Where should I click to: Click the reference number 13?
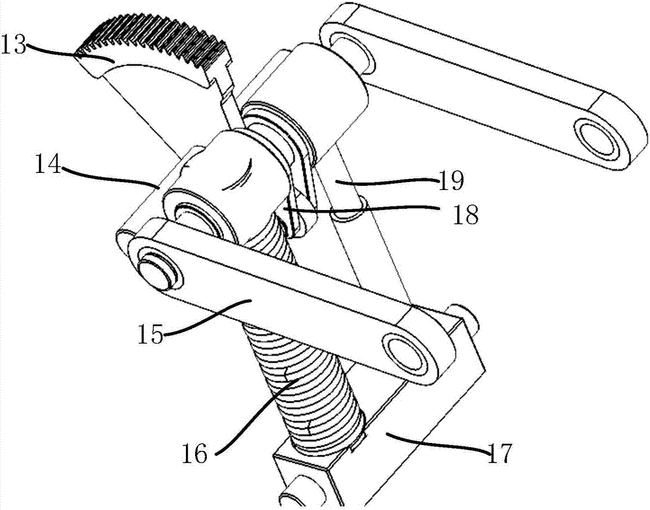coord(14,46)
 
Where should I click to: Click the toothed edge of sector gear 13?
coord(156,39)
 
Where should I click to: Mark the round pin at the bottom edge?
coord(296,501)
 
